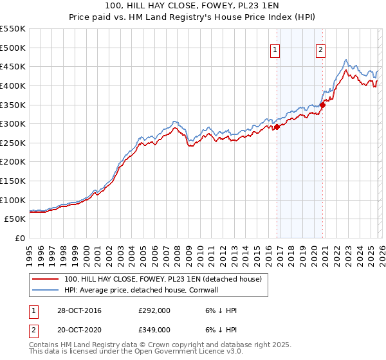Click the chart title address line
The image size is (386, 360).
pos(193,6)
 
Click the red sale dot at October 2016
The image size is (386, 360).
pos(277,127)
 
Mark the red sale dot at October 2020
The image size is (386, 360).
pos(322,105)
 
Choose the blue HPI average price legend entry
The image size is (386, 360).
pos(149,290)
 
